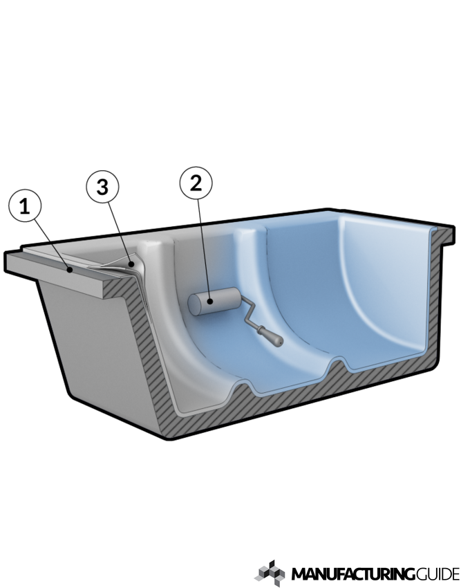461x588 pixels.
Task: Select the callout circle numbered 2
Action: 196,184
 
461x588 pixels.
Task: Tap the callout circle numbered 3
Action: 103,189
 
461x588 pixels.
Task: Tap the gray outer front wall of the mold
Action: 104,360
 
